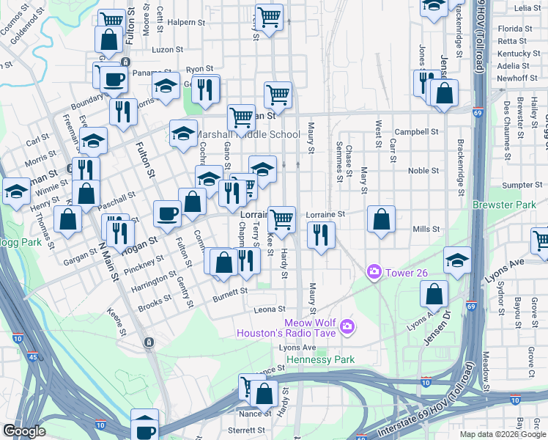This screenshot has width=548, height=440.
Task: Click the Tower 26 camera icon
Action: pos(374,272)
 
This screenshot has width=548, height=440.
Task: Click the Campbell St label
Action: pos(421,133)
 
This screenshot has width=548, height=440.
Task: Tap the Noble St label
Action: pos(423,171)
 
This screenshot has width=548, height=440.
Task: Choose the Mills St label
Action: pos(426,230)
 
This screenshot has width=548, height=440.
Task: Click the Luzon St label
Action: pos(167,50)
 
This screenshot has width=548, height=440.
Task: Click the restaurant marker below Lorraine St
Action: pos(321,235)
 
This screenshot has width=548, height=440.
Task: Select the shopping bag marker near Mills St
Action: pos(381,219)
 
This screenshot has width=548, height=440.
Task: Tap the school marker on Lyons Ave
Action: pos(457,260)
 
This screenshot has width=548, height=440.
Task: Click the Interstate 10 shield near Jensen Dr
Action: pos(426,382)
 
